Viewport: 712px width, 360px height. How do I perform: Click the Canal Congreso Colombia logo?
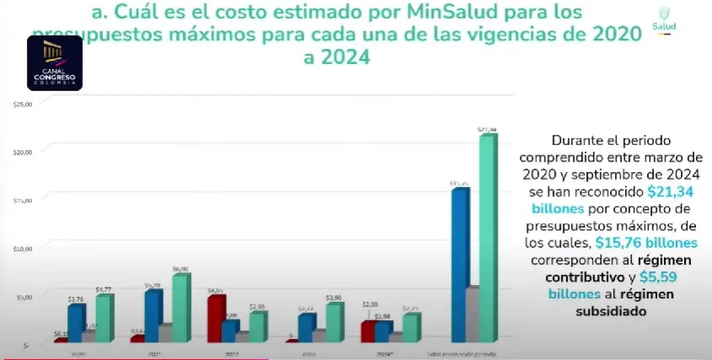55,63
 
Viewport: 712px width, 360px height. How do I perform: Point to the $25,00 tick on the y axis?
23,105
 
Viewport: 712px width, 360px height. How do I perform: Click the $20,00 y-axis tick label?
23,152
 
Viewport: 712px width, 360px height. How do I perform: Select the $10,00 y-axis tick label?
23,249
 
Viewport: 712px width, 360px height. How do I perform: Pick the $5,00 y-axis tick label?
23,297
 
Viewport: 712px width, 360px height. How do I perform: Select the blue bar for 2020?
76,323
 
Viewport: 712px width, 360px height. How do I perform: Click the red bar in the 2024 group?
369,332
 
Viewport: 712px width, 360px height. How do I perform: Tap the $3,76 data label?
75,298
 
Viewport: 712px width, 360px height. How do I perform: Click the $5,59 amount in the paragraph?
661,277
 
